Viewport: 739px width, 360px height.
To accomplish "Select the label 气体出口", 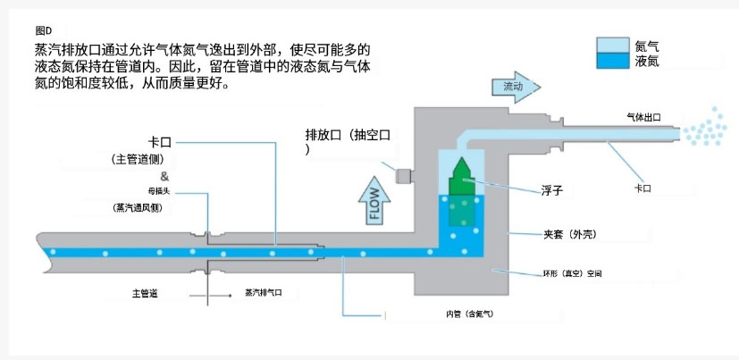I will point(646,117).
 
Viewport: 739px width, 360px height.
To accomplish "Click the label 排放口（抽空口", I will point(349,135).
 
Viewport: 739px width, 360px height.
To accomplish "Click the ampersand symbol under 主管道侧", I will point(164,176).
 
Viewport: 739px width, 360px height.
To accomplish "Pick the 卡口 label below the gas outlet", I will point(642,188).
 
